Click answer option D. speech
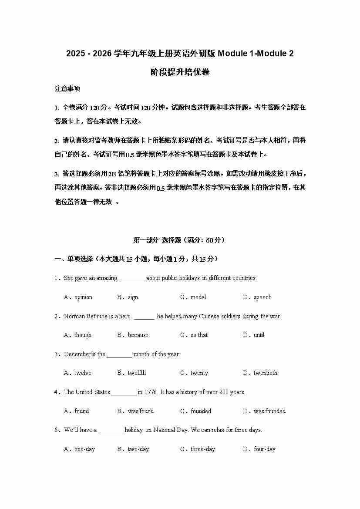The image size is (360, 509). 257,297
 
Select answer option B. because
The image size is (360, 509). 133,335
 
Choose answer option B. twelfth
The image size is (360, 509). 131,373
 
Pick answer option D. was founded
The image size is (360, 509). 264,411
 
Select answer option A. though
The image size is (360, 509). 78,335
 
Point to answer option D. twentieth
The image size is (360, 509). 260,373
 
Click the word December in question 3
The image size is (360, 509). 77,354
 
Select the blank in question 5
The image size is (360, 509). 111,430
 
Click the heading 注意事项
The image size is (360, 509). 67,89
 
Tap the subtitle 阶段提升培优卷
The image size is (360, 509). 180,72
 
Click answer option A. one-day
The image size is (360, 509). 80,449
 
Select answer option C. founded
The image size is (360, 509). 196,411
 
